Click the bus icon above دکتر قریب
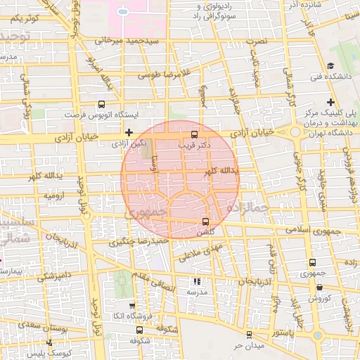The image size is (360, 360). point(194,135)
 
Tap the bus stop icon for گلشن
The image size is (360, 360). point(205,223)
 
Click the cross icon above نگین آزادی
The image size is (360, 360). point(129,132)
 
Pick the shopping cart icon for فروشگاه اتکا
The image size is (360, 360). point(133,306)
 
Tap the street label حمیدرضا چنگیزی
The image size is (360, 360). point(139,241)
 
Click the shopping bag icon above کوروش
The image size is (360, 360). point(320,287)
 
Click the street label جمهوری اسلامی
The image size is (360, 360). point(313,231)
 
